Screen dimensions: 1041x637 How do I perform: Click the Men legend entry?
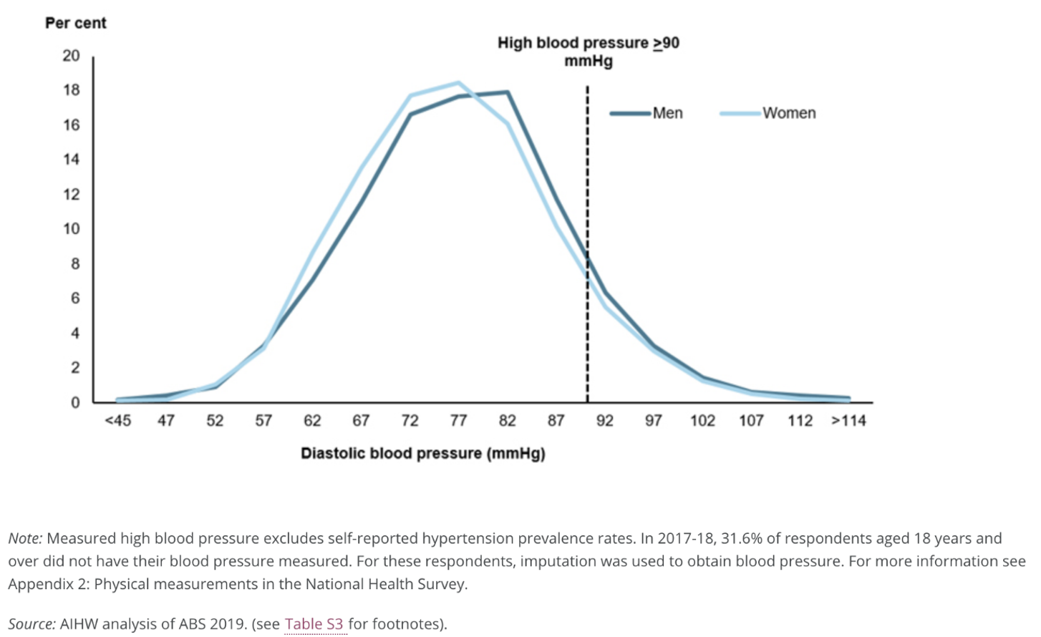(646, 113)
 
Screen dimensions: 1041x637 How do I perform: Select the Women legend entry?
(768, 113)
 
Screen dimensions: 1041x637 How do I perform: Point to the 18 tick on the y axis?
(72, 90)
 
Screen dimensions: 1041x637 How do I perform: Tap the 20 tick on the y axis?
(72, 56)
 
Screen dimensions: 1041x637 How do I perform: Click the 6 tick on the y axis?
(75, 298)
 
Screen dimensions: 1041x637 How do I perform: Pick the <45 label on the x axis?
(118, 420)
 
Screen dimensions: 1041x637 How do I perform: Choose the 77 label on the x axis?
(458, 420)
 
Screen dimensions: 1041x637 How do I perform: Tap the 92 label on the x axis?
(604, 420)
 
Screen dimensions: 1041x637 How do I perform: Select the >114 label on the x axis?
(848, 420)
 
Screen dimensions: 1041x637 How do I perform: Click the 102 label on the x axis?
(702, 420)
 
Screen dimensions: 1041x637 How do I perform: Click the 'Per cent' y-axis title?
(76, 23)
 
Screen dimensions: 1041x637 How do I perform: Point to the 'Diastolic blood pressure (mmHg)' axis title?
(423, 454)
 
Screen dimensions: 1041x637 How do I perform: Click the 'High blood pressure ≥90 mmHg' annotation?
(589, 52)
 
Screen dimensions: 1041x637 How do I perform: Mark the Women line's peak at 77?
(459, 83)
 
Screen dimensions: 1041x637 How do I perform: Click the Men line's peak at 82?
(508, 92)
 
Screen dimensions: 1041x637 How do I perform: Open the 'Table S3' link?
(314, 623)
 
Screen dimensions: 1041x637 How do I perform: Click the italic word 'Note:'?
(26, 538)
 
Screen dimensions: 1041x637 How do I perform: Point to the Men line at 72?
(410, 115)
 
